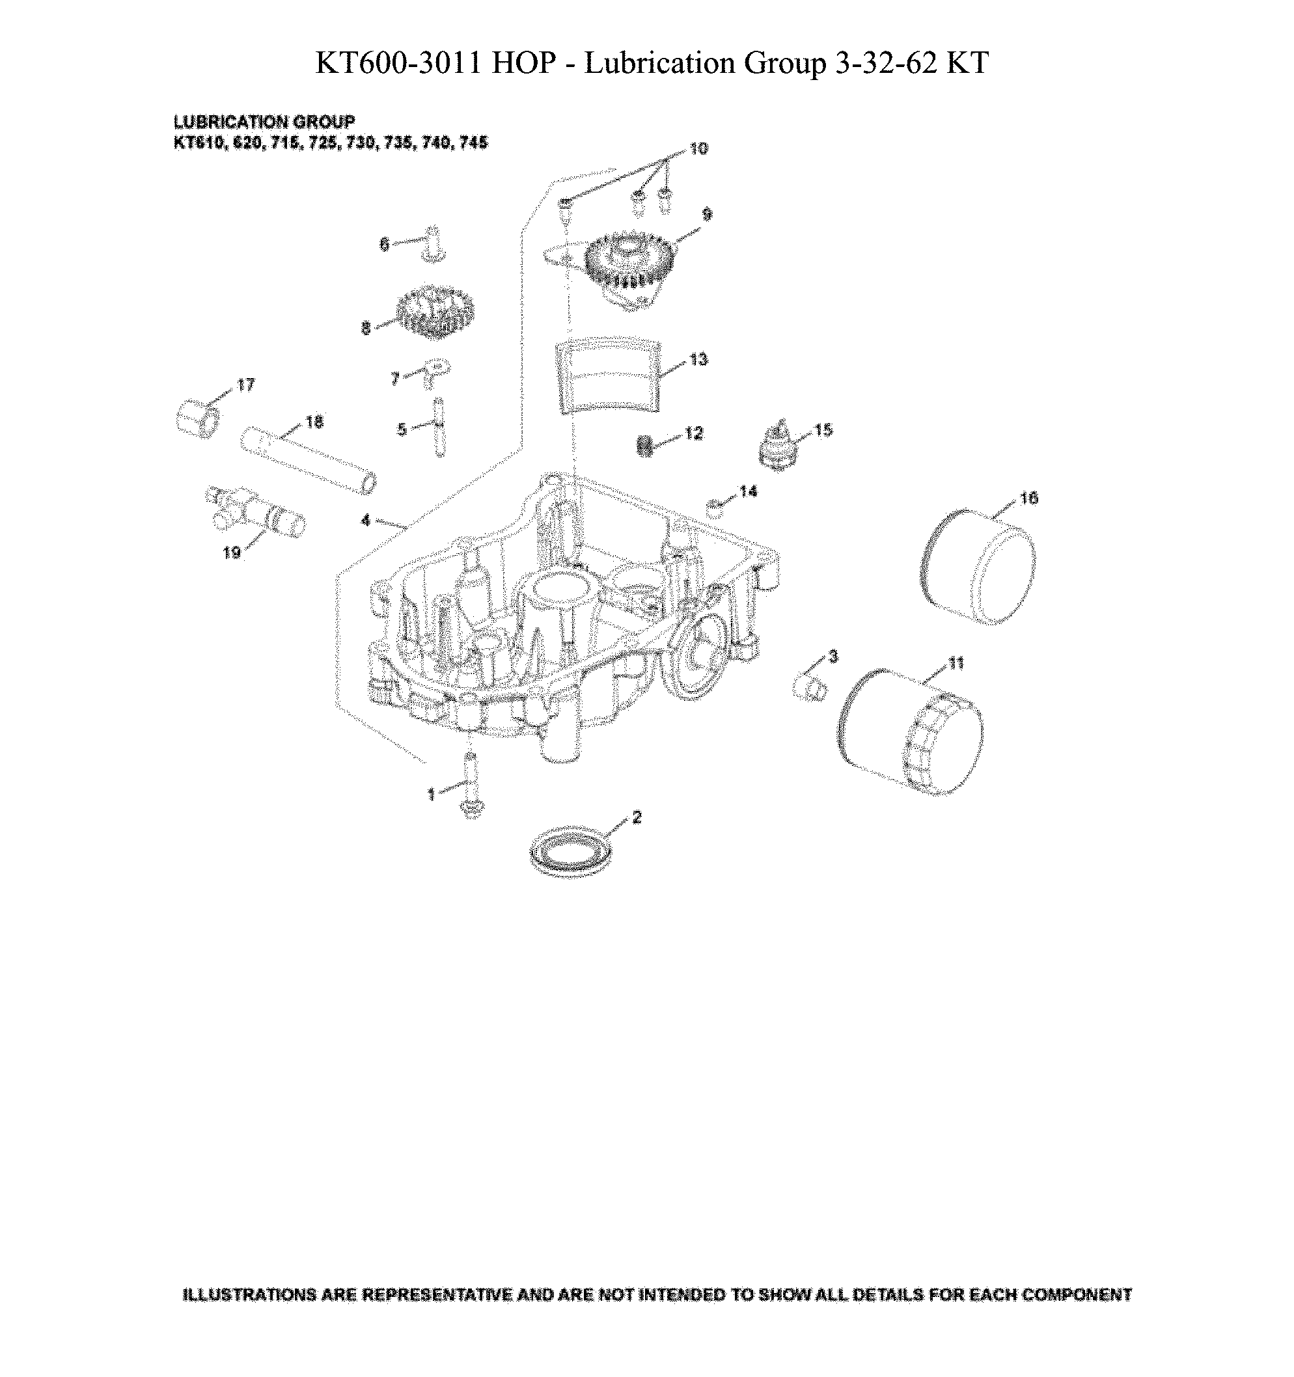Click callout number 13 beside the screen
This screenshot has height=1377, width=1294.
pos(698,359)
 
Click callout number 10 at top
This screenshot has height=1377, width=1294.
pos(698,149)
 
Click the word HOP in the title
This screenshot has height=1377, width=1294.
pos(524,63)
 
